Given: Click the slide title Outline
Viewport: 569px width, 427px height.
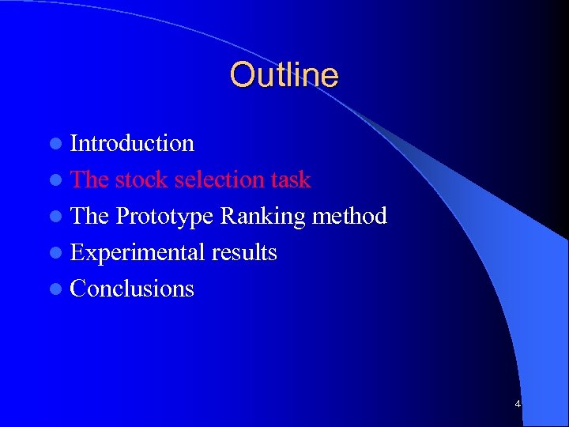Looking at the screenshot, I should [284, 75].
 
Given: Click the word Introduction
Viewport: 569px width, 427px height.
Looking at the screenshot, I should [132, 143].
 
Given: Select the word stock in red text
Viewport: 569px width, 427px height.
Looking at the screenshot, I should [141, 179].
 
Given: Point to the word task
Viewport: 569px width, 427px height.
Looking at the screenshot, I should [290, 179].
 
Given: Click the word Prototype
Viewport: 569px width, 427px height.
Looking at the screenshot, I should [164, 216].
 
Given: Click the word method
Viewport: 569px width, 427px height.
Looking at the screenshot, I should [349, 216].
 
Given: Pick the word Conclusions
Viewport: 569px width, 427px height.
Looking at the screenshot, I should [132, 289].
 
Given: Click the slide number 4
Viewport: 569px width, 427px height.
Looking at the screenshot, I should [518, 404].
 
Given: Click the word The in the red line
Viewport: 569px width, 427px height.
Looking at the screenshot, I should [89, 179].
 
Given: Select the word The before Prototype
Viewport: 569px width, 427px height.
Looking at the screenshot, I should [89, 216].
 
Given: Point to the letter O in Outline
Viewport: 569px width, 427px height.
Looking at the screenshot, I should [241, 75].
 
